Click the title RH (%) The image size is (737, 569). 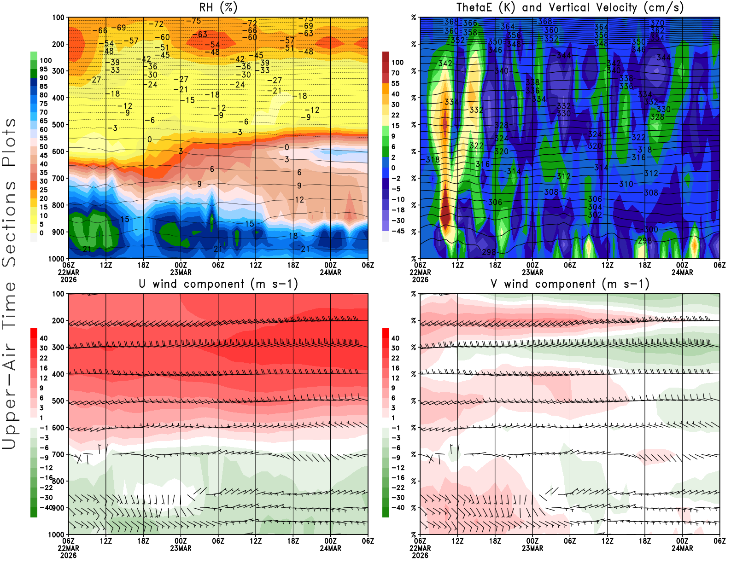tap(218, 7)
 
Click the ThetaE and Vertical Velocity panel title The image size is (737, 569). tap(570, 7)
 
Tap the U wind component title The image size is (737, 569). tap(218, 284)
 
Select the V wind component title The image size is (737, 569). tap(570, 284)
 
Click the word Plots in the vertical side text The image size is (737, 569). tap(9, 142)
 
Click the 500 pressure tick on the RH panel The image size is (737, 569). tap(58, 124)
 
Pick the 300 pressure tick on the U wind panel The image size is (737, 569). tap(58, 347)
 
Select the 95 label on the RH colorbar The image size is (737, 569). tap(44, 69)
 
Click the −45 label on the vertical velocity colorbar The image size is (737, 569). tap(398, 231)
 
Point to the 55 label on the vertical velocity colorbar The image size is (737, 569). tap(395, 83)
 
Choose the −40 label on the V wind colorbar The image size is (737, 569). tap(398, 507)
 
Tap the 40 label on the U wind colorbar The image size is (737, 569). tap(44, 338)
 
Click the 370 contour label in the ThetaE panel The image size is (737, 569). tap(657, 23)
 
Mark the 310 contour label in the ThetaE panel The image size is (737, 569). tap(626, 184)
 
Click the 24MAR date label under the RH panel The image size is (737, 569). tap(330, 272)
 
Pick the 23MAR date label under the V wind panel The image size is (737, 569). tap(532, 548)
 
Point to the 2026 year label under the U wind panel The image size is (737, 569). tap(68, 555)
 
